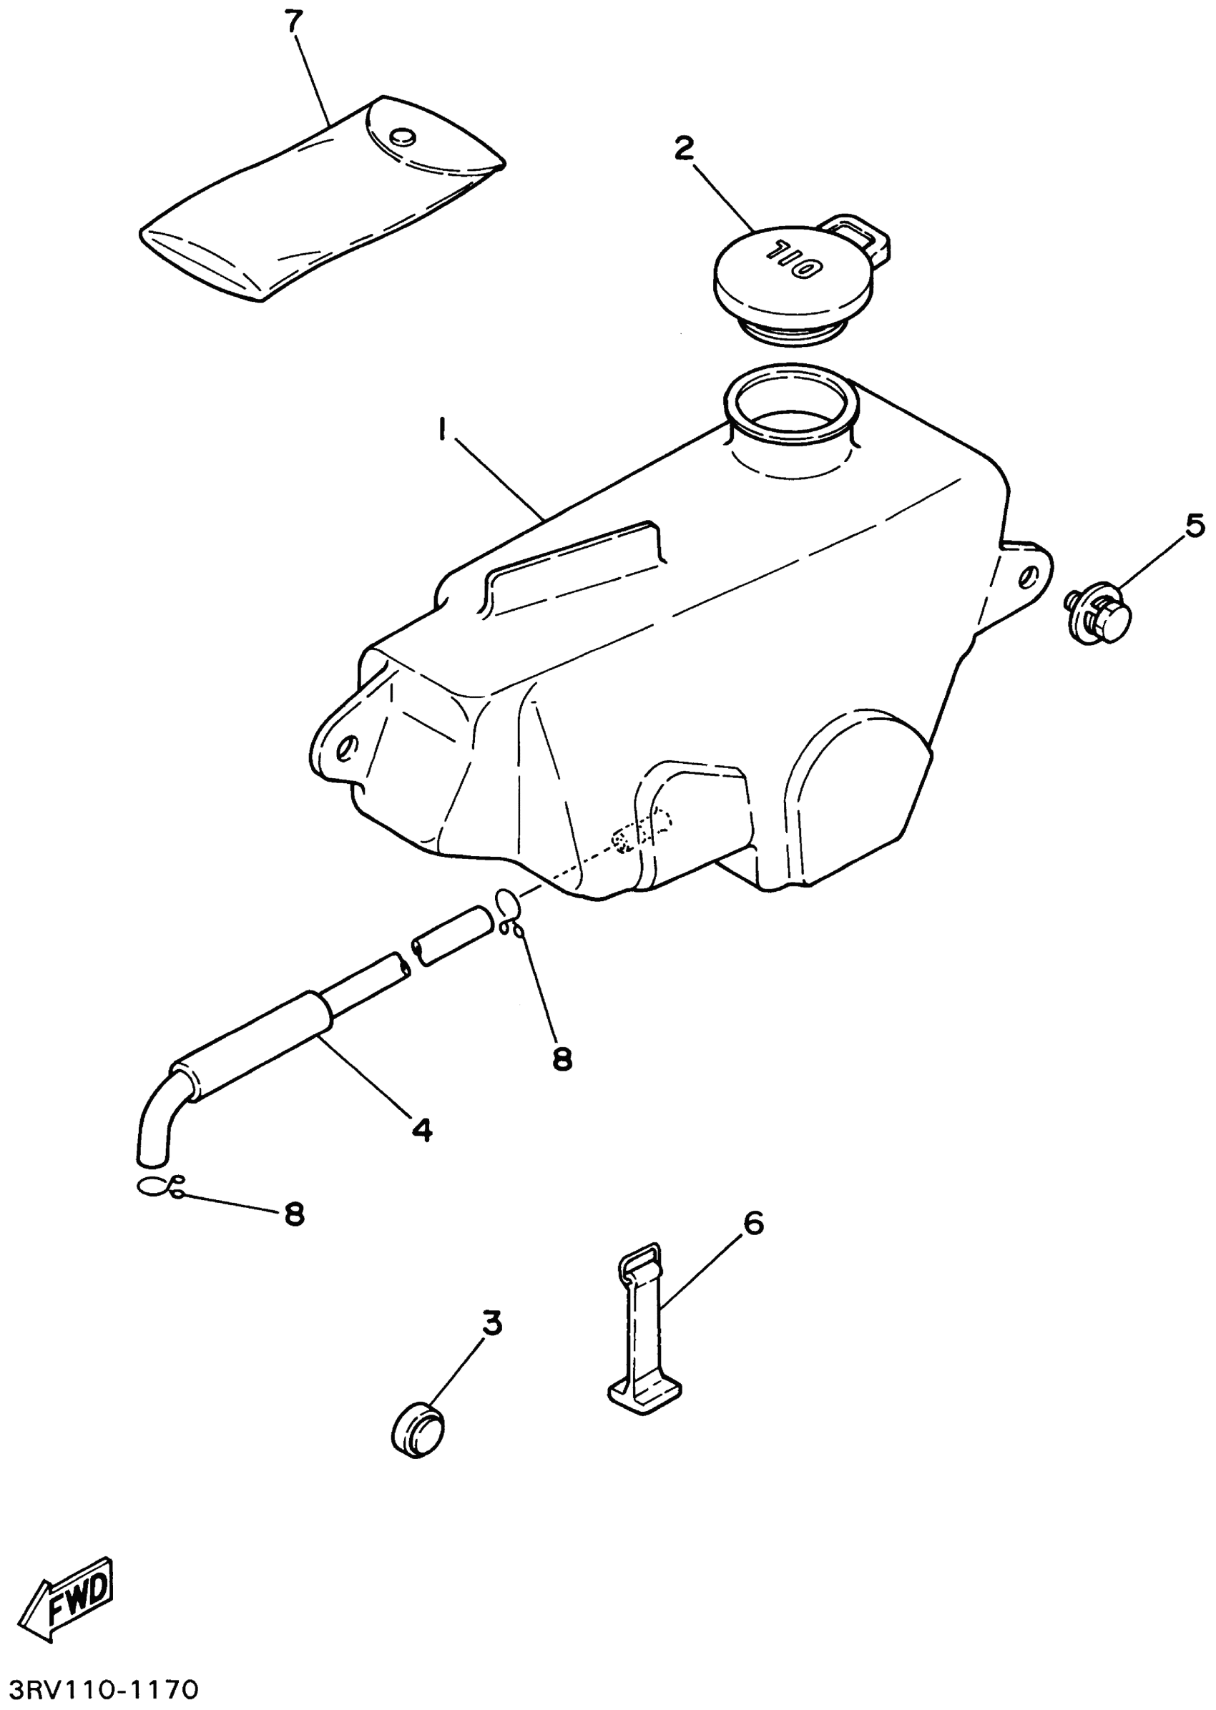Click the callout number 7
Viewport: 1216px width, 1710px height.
pos(294,23)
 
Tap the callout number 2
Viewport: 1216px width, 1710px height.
pos(684,149)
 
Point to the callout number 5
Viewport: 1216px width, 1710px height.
pos(1195,526)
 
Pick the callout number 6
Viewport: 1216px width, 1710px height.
pos(753,1224)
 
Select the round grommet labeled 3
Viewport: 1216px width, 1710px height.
pos(418,1431)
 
